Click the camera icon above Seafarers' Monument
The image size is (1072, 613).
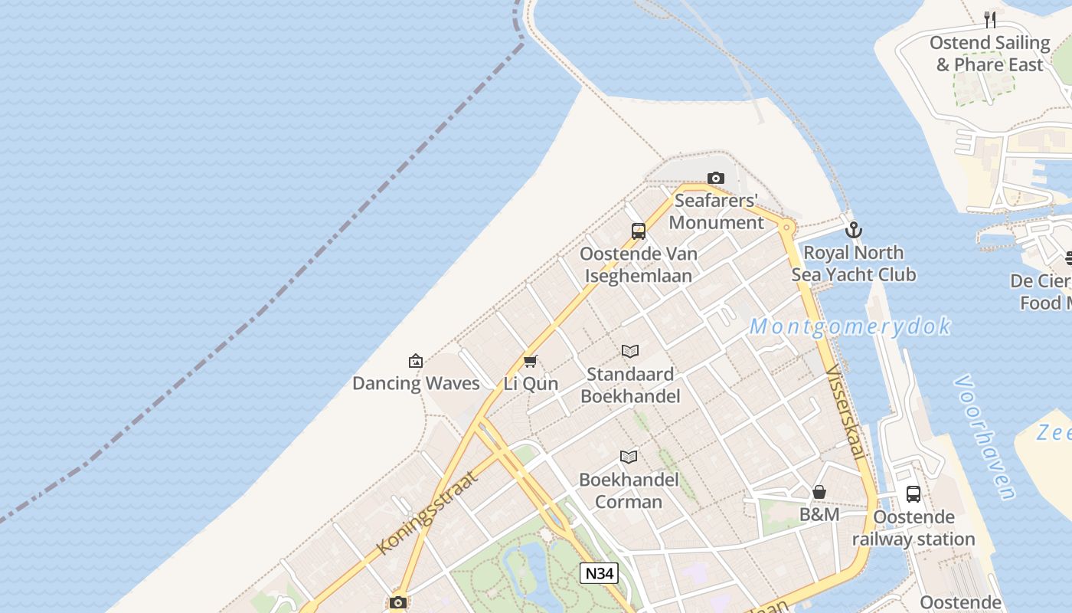(x=716, y=179)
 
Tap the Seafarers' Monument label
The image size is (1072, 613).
(x=717, y=211)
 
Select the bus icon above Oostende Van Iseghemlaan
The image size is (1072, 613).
(x=639, y=231)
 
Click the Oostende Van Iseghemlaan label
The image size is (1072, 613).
(x=639, y=264)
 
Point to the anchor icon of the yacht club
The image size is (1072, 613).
(x=854, y=230)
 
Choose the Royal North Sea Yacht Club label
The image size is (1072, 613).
(x=854, y=264)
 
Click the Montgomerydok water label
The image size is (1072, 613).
(x=850, y=326)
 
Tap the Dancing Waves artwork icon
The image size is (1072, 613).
(x=416, y=361)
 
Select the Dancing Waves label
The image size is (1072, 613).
(x=416, y=383)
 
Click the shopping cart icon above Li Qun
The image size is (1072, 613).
(x=531, y=361)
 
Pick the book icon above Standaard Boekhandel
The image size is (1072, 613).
(x=630, y=352)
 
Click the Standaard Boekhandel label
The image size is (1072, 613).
(x=630, y=385)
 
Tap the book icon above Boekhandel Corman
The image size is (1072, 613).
(x=629, y=457)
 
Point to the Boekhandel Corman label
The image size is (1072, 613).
(x=629, y=490)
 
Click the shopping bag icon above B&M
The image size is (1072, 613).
(x=819, y=492)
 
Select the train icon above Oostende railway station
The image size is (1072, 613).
(x=913, y=494)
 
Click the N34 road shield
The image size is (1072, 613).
(x=599, y=573)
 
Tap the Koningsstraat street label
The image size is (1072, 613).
(x=427, y=513)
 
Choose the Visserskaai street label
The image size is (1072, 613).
(x=846, y=411)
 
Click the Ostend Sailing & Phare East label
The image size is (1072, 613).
(x=989, y=54)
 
